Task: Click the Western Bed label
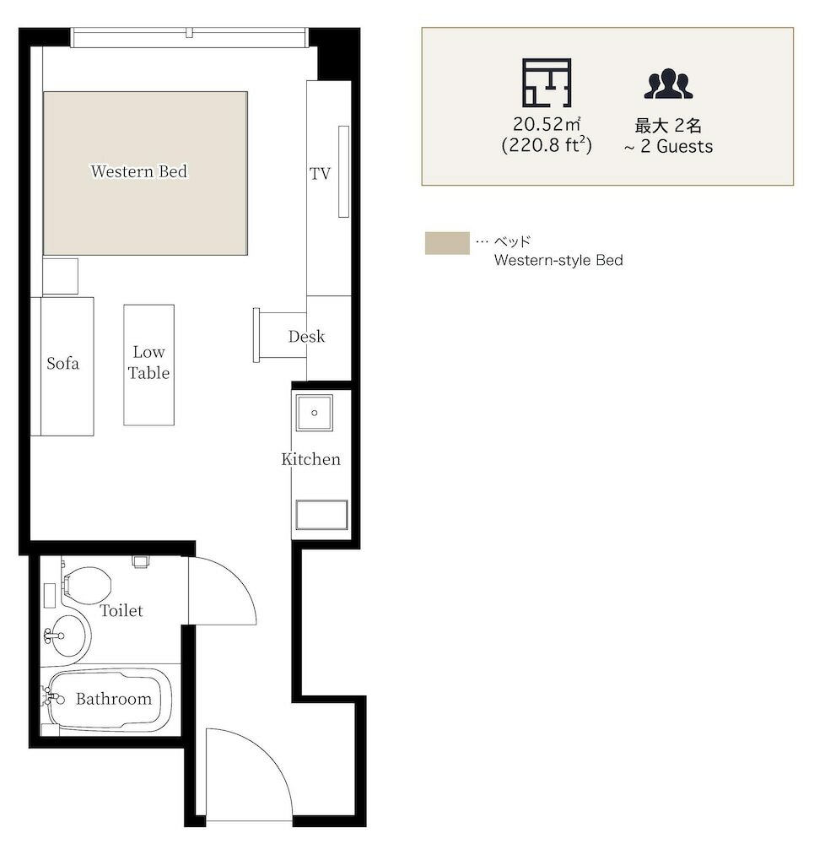point(138,171)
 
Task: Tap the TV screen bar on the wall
point(343,171)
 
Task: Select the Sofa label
point(63,363)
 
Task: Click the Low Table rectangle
point(149,365)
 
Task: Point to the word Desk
point(306,337)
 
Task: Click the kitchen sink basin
point(315,413)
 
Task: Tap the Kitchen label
point(311,459)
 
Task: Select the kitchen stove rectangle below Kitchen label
point(321,515)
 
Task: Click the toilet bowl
point(87,585)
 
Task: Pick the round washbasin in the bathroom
point(67,636)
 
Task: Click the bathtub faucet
point(52,698)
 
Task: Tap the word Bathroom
point(114,699)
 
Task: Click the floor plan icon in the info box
point(547,83)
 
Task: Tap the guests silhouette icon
point(668,84)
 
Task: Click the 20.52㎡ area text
point(547,124)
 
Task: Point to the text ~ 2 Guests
point(668,146)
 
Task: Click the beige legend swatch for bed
point(447,243)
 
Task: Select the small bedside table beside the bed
point(60,276)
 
